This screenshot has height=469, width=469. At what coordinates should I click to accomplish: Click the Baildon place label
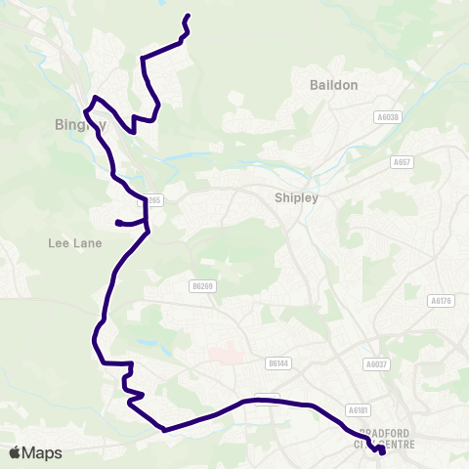pos(334,85)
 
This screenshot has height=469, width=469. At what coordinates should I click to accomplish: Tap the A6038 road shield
pos(387,117)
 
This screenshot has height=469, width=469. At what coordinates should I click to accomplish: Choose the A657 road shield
pos(401,161)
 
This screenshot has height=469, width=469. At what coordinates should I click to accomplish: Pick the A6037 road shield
pos(374,363)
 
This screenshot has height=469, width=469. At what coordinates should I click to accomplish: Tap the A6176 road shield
pos(442,301)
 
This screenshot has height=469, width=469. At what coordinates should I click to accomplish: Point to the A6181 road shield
pos(358,411)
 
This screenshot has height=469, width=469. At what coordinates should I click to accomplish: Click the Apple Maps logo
pos(35,452)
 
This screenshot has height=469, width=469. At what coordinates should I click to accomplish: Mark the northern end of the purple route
pos(187,17)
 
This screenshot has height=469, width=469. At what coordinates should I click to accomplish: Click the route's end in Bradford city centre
pos(382,451)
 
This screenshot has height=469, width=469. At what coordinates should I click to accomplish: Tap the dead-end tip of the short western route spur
pos(117,223)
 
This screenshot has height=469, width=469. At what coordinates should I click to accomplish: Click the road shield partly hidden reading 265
pos(154,200)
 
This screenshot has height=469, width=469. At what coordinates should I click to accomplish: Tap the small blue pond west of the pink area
pos(146,343)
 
